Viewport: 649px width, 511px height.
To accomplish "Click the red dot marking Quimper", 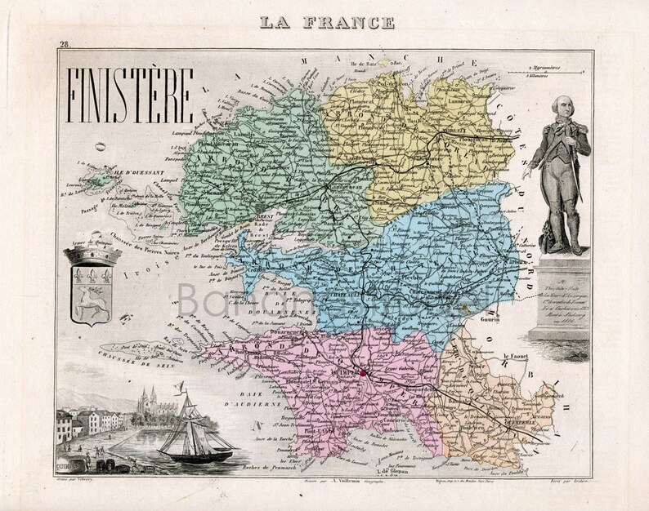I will tap(365, 375).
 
